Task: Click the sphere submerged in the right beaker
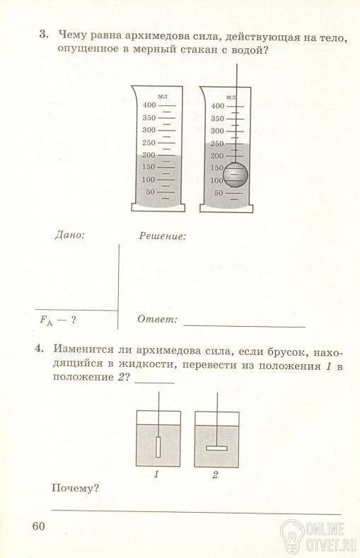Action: tap(235, 175)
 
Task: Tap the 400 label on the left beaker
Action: tap(149, 105)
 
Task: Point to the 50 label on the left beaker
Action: tap(151, 192)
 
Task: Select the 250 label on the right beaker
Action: tap(217, 144)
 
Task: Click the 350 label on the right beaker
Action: tap(217, 119)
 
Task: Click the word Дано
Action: tap(70, 236)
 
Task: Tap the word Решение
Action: tap(163, 236)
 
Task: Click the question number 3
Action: tap(43, 35)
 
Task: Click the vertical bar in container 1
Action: tap(158, 447)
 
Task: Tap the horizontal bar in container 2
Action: tap(216, 448)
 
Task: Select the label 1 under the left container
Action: tap(156, 475)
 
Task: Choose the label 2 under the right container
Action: tap(215, 475)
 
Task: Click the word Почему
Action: tap(75, 488)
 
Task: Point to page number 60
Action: tap(39, 526)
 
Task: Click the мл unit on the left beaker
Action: tap(163, 96)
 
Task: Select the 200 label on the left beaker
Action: tap(149, 155)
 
